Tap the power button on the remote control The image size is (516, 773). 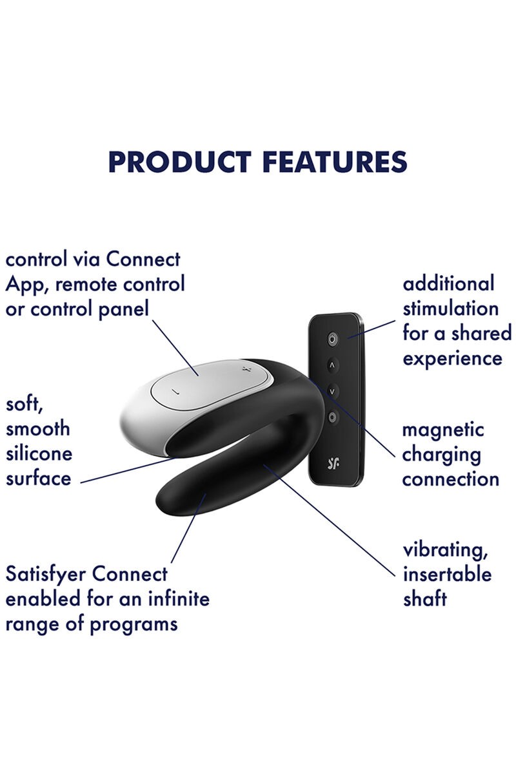332,339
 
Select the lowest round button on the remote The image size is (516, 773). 332,417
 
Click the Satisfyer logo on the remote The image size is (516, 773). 333,463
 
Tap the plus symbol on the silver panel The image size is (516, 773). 246,369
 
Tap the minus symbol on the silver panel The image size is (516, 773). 175,392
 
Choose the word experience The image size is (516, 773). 452,359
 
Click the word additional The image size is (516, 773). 449,283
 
